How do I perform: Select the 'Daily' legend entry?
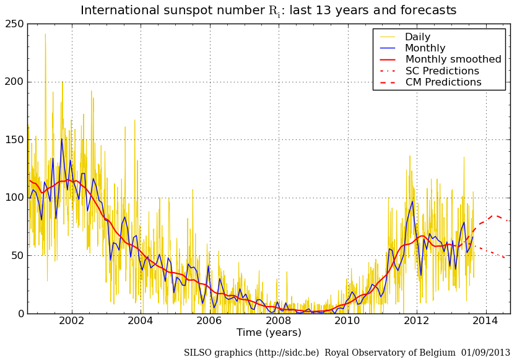(x=417, y=37)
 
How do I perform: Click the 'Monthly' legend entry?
(x=425, y=48)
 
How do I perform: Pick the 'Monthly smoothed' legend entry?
(x=453, y=59)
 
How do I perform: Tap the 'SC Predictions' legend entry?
(x=442, y=71)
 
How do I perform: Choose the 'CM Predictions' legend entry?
(x=443, y=82)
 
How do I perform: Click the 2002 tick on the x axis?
(x=72, y=321)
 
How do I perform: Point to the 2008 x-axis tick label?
(x=279, y=321)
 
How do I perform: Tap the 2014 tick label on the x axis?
(x=485, y=321)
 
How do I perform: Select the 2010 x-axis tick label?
(x=347, y=321)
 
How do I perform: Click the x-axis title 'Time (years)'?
(x=269, y=333)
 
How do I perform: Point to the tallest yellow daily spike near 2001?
(x=45, y=35)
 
